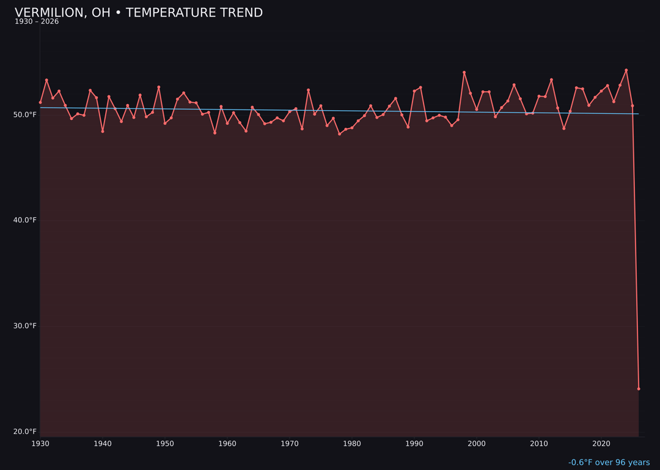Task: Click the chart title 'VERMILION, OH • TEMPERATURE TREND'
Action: (x=139, y=13)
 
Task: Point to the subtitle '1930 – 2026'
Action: (x=37, y=21)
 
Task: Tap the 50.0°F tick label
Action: (x=25, y=115)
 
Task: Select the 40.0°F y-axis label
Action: (x=25, y=220)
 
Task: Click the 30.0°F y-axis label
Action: (x=25, y=326)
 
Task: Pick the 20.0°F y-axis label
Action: (x=25, y=431)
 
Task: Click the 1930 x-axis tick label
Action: (x=40, y=444)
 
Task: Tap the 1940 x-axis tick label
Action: (x=103, y=444)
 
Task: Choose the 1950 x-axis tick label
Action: (x=165, y=444)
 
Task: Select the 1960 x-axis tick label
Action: (x=227, y=444)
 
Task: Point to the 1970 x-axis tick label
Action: (x=290, y=444)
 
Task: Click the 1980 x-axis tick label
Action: (x=352, y=444)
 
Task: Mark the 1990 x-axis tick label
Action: (x=414, y=444)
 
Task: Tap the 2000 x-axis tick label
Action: (x=477, y=444)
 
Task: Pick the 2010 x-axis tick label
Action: (x=539, y=444)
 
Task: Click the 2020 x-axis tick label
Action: (x=601, y=444)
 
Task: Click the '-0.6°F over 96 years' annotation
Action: (x=609, y=463)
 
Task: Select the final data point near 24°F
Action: (x=639, y=389)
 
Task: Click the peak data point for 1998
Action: (x=464, y=72)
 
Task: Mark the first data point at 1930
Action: (x=40, y=102)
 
